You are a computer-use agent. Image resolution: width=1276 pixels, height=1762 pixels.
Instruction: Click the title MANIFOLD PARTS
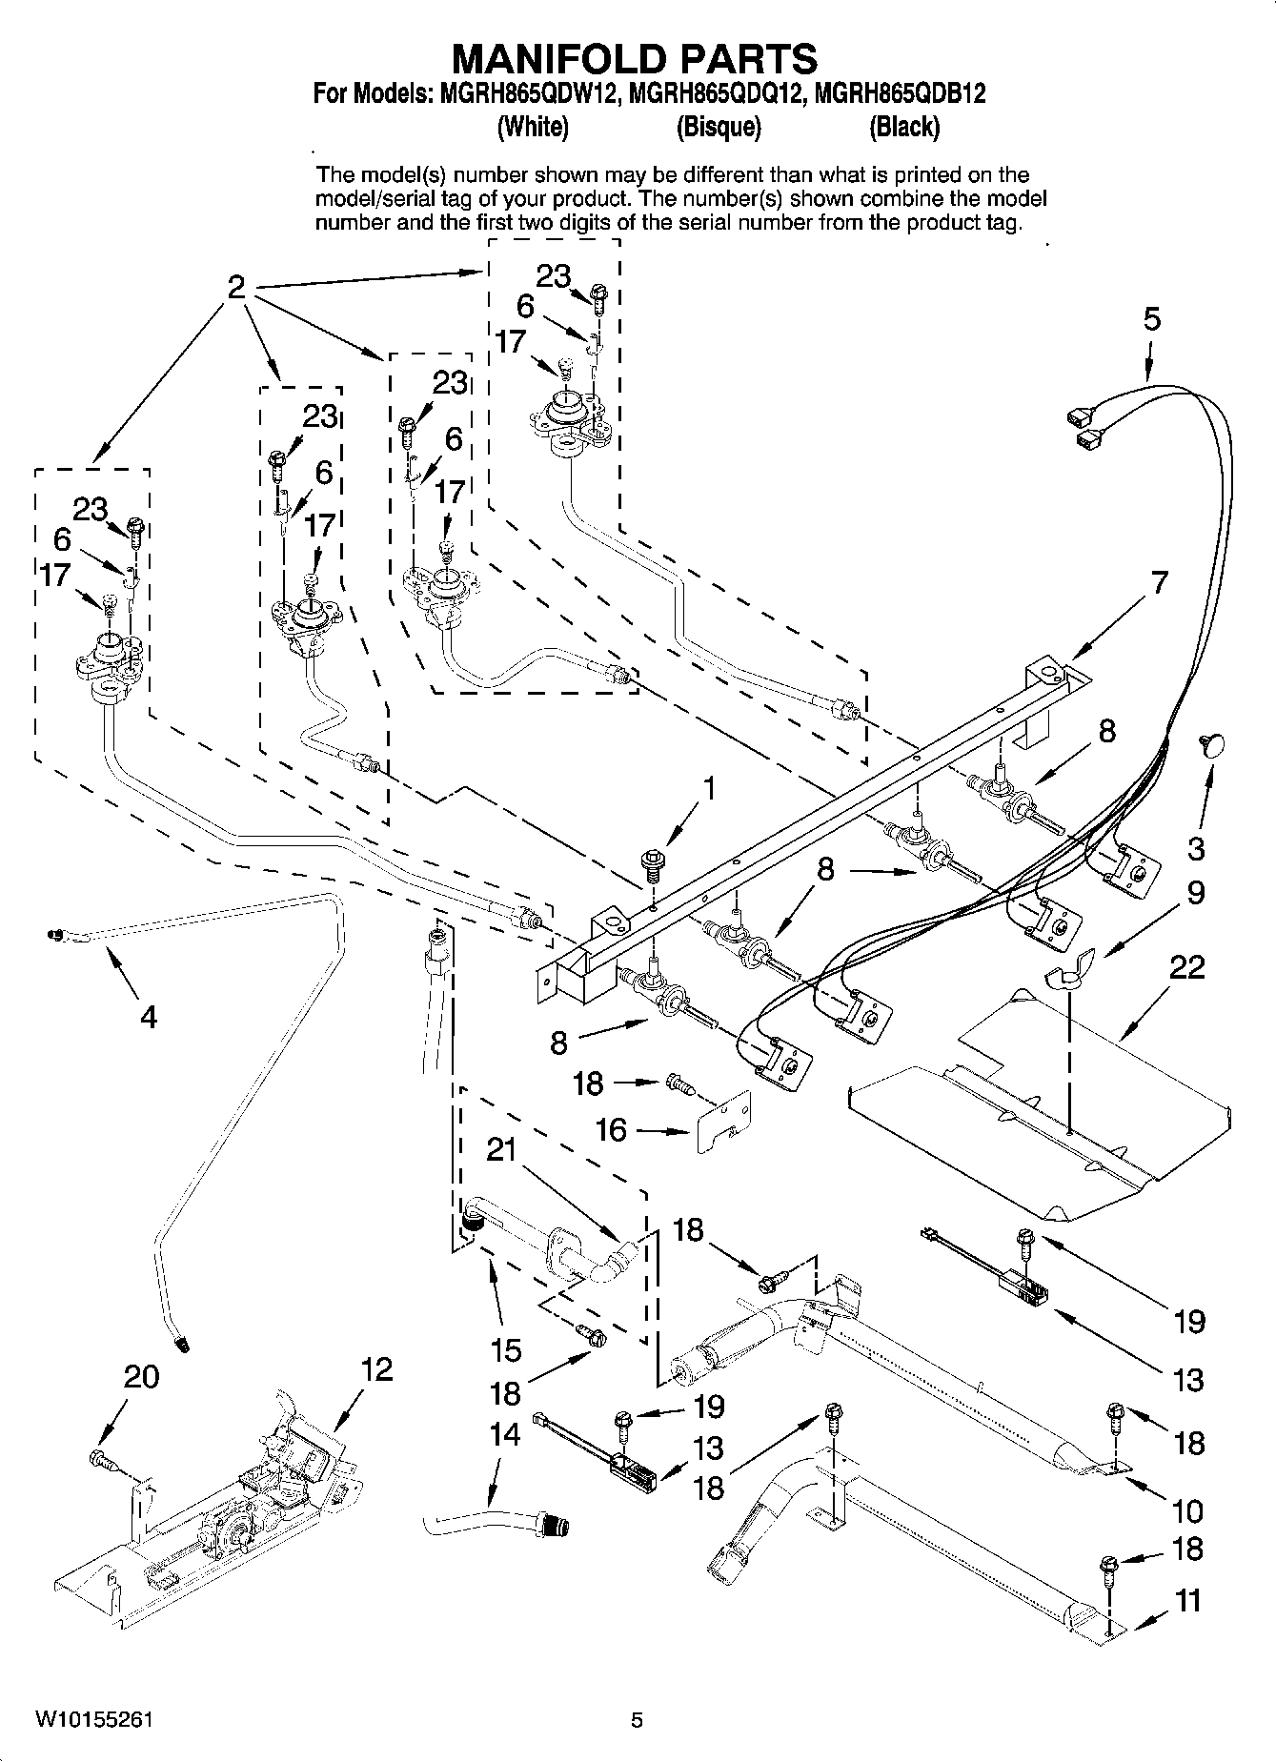[x=634, y=59]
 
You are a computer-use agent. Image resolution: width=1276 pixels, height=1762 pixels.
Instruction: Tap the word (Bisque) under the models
[x=718, y=127]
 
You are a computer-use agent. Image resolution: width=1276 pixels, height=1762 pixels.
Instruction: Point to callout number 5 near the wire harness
[x=1152, y=319]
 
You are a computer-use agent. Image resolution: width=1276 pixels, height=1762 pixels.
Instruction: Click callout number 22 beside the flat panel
[x=1186, y=968]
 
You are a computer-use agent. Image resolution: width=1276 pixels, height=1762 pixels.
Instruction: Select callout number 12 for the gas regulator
[x=376, y=1370]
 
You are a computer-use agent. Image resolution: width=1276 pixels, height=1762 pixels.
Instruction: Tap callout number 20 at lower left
[x=141, y=1377]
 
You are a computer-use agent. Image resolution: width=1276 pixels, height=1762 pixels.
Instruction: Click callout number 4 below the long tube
[x=148, y=1018]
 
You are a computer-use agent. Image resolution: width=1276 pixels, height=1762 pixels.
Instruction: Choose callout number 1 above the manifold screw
[x=708, y=789]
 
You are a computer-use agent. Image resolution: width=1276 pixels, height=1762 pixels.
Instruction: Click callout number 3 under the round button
[x=1196, y=847]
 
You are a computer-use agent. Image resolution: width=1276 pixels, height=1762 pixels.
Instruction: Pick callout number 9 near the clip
[x=1195, y=893]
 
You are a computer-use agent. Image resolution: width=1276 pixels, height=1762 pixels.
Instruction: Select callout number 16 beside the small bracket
[x=611, y=1130]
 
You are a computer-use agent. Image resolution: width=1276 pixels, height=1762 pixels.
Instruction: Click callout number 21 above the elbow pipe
[x=501, y=1150]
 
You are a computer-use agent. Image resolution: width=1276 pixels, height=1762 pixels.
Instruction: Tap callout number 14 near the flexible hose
[x=505, y=1433]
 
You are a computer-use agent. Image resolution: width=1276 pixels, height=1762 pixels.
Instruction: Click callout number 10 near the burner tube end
[x=1187, y=1511]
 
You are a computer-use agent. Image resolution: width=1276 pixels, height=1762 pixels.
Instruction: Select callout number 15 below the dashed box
[x=506, y=1349]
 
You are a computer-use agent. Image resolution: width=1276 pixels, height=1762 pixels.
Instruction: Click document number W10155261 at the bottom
[x=93, y=1720]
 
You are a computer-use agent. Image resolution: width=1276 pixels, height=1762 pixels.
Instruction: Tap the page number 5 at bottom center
[x=637, y=1720]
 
